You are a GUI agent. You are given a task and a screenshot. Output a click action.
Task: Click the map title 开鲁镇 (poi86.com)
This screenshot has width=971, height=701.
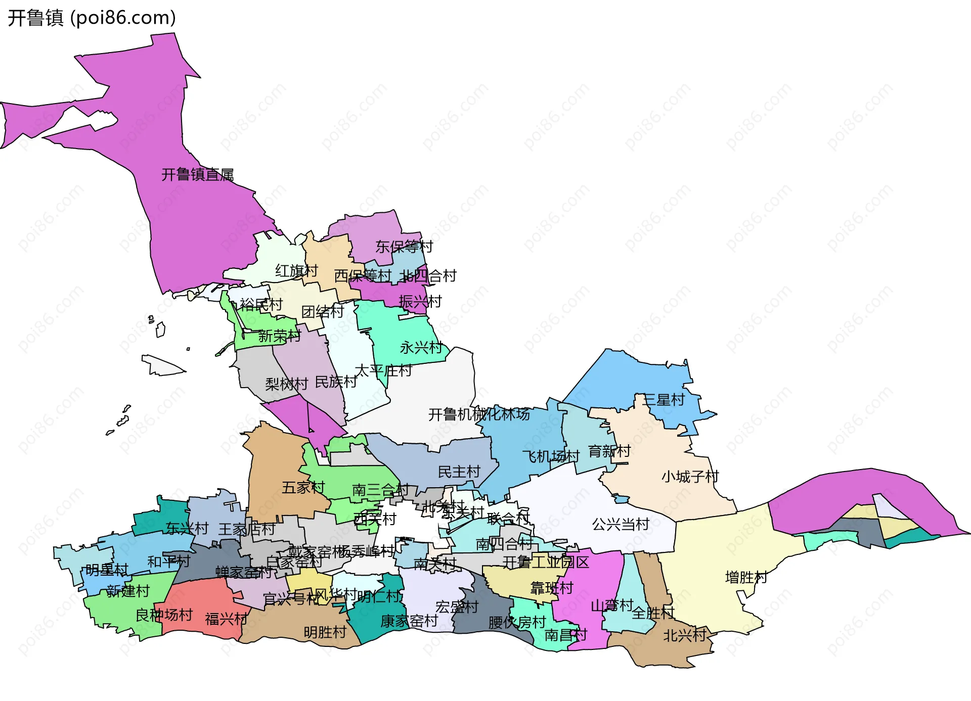click(x=92, y=18)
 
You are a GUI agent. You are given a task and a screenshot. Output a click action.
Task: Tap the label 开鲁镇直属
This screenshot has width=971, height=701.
click(x=197, y=175)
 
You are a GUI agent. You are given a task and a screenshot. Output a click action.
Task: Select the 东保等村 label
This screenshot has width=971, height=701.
click(x=404, y=247)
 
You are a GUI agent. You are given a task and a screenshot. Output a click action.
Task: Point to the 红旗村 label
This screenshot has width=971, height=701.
click(x=296, y=271)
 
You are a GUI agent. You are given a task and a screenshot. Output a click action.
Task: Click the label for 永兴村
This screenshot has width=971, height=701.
click(x=421, y=348)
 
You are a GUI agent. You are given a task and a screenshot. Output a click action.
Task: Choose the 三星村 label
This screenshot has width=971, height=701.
click(x=663, y=400)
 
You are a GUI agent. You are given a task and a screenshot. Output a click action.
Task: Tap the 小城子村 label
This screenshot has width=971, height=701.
click(x=690, y=477)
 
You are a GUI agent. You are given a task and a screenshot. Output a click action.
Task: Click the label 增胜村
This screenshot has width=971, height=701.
click(x=746, y=577)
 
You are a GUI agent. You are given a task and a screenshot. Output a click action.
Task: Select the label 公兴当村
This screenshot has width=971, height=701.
click(x=620, y=525)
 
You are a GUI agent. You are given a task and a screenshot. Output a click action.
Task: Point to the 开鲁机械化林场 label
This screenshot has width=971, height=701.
click(x=479, y=414)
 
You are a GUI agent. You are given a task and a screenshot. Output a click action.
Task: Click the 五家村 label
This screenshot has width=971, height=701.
click(x=303, y=488)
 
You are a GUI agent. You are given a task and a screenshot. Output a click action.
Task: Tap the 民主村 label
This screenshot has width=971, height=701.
click(x=459, y=472)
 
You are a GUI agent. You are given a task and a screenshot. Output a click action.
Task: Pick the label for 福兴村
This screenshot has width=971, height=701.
click(x=226, y=619)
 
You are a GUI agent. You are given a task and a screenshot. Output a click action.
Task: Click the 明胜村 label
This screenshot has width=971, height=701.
click(x=325, y=633)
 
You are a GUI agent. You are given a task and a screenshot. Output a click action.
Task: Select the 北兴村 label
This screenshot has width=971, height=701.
click(x=684, y=635)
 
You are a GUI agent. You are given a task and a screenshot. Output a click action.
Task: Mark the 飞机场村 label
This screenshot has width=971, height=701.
click(x=550, y=456)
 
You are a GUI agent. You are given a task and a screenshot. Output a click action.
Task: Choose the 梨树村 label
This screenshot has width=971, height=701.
click(x=286, y=384)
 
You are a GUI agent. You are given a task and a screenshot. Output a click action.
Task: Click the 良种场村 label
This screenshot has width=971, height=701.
click(x=164, y=615)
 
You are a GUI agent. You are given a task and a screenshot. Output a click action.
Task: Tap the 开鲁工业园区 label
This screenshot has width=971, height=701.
click(x=546, y=563)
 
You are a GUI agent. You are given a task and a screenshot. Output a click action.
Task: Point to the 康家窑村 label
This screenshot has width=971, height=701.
click(x=409, y=621)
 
